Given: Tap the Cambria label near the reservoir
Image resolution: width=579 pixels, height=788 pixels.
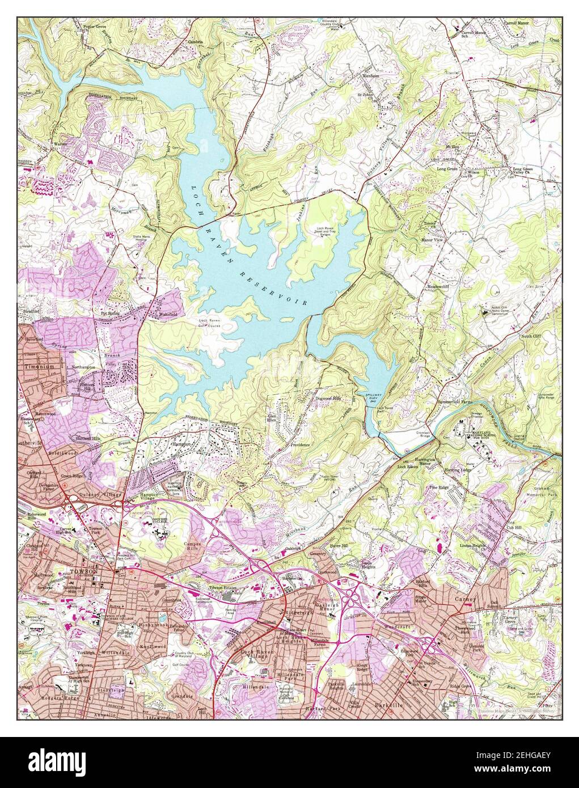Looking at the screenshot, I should pos(189,41).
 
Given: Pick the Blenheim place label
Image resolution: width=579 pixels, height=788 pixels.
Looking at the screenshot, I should pos(370,75).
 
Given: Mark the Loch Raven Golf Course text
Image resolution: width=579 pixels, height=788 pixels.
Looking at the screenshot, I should pos(209,323).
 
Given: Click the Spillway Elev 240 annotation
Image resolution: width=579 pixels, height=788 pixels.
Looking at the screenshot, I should pos(367,396).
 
